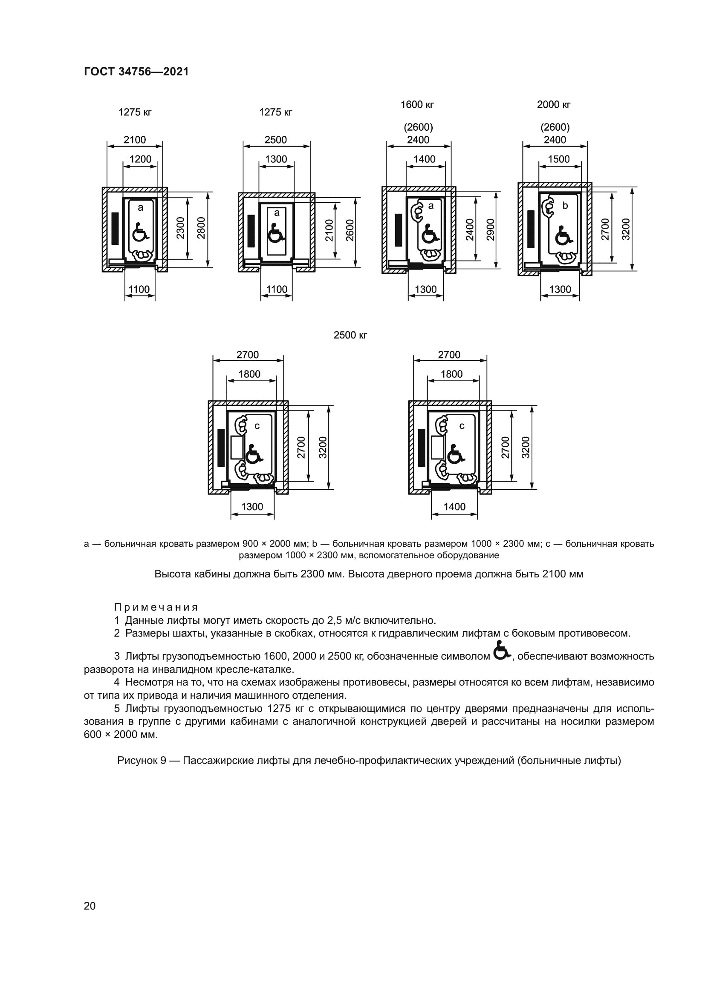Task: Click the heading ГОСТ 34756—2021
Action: coord(136,72)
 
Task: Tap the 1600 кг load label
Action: coord(417,105)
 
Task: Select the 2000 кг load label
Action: coord(554,105)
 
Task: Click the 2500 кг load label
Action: coord(350,335)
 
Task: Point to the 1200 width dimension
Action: coord(140,159)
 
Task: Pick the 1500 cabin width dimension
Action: coord(558,159)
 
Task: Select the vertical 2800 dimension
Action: coord(201,228)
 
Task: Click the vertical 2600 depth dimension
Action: coord(350,231)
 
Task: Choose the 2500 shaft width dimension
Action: coord(276,140)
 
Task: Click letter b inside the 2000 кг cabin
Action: coord(565,206)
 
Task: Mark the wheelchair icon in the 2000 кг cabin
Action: coord(563,236)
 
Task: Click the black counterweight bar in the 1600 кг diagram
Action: coord(399,230)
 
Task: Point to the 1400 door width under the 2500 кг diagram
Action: coord(454,507)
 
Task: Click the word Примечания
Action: coord(156,607)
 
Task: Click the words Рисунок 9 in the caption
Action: coord(142,761)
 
